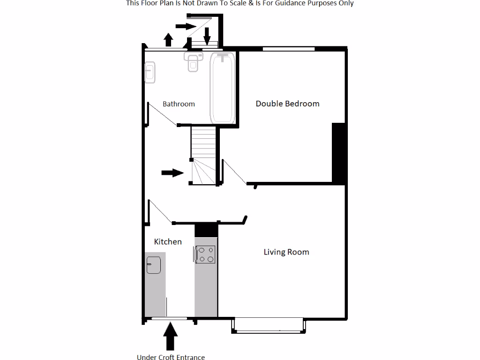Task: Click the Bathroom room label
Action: [x=179, y=104]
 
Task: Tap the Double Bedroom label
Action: [x=287, y=104]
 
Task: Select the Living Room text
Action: [x=286, y=252]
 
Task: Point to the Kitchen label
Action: [x=168, y=241]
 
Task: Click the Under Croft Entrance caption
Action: [x=171, y=357]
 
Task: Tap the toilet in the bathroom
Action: [x=193, y=61]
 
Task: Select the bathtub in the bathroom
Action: [x=223, y=88]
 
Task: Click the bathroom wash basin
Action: [x=150, y=73]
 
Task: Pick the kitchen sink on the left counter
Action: [x=154, y=265]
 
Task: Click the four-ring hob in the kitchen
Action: [x=206, y=255]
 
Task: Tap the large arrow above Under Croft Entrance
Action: [x=171, y=336]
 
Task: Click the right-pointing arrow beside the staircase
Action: [x=172, y=173]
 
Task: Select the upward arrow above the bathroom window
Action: [x=168, y=40]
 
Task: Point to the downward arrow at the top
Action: [x=207, y=34]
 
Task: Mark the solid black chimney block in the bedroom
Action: [x=339, y=153]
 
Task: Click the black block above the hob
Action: [x=206, y=230]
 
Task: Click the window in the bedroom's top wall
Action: [x=288, y=48]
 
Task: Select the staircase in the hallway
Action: [x=204, y=156]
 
